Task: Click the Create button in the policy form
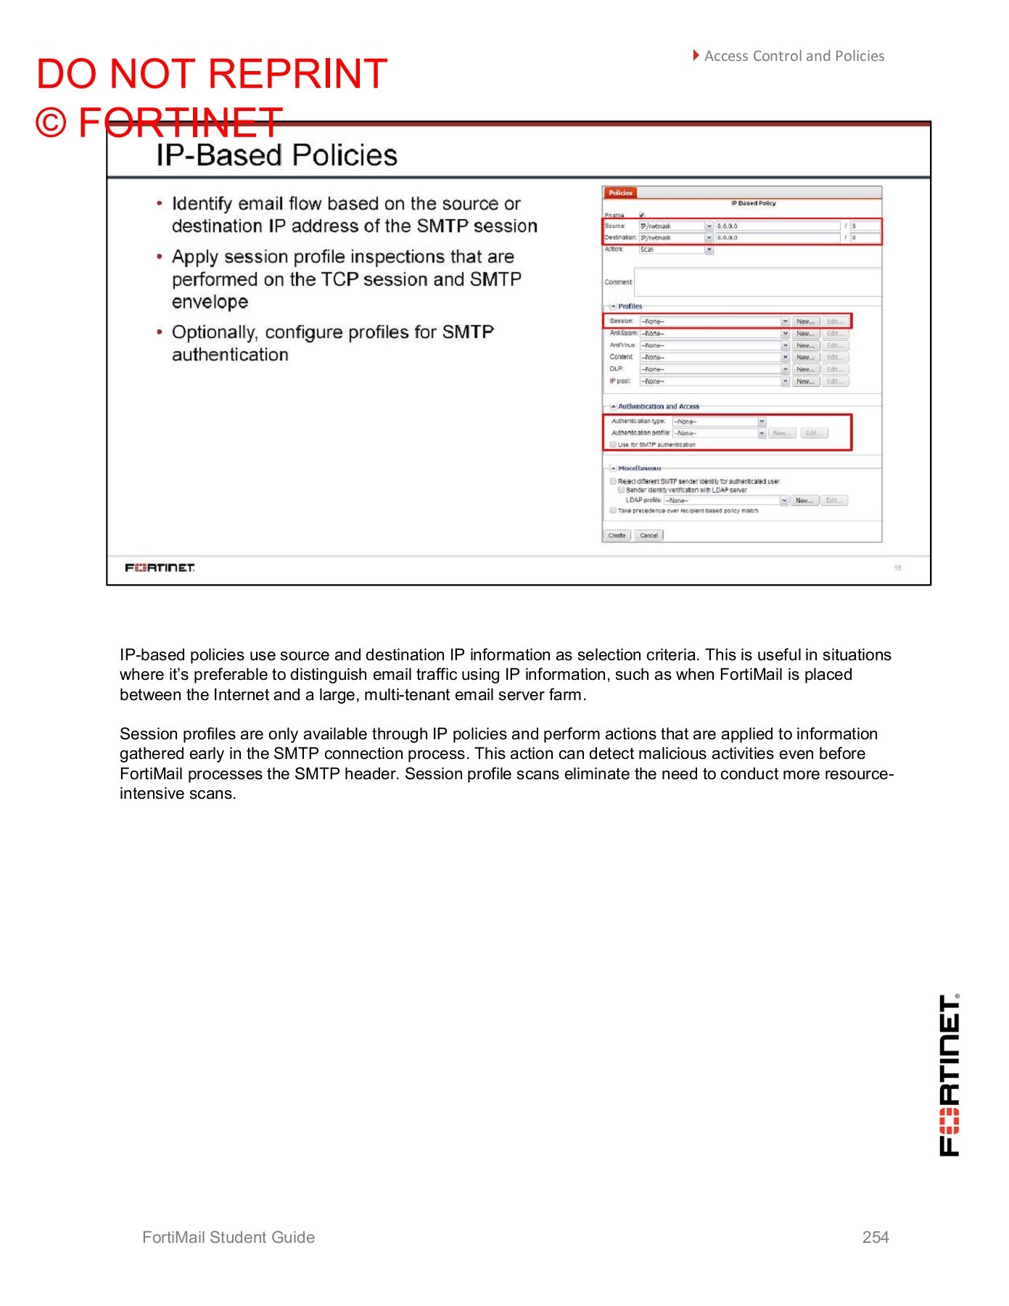click(x=617, y=535)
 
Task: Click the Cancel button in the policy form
click(x=648, y=535)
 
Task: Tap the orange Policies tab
click(x=620, y=193)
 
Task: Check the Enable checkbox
click(x=642, y=215)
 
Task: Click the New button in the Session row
click(x=805, y=321)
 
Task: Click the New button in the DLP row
click(x=805, y=369)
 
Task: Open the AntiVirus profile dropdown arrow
click(x=785, y=345)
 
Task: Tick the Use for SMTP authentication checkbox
click(x=614, y=445)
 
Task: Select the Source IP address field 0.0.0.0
click(x=776, y=226)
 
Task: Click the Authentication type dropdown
click(x=718, y=422)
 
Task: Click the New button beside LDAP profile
click(x=804, y=501)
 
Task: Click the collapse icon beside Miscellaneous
click(x=613, y=469)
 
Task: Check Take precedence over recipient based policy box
click(x=614, y=511)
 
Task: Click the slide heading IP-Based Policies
click(x=277, y=155)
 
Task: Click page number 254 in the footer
click(x=876, y=1238)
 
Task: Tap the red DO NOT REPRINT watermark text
click(x=212, y=74)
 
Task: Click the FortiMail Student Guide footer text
click(x=228, y=1238)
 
